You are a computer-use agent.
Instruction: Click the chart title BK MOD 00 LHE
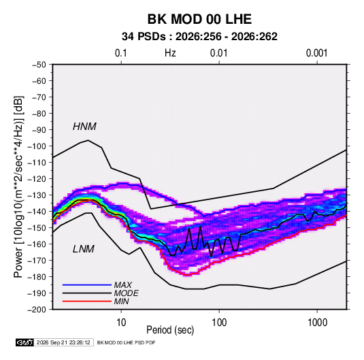click(x=199, y=19)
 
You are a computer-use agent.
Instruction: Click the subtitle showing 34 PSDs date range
click(x=199, y=37)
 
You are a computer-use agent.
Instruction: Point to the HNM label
click(x=84, y=127)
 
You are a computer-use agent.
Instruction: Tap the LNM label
click(x=84, y=249)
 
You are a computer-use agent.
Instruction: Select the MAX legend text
click(x=122, y=284)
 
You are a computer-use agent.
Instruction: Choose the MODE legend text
click(x=126, y=293)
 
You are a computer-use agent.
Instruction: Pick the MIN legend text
click(x=121, y=301)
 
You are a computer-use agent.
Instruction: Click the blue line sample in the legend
click(x=87, y=284)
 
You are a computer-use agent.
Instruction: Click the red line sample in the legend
click(x=87, y=301)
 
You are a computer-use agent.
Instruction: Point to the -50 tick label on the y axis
click(x=39, y=65)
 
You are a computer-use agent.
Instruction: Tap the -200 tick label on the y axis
click(x=37, y=310)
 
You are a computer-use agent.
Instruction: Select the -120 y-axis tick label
click(x=37, y=179)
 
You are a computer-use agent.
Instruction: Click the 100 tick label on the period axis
click(x=219, y=323)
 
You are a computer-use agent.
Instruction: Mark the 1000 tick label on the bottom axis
click(x=317, y=323)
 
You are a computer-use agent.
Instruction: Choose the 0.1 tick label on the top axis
click(x=121, y=53)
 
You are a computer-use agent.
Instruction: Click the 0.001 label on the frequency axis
click(x=316, y=53)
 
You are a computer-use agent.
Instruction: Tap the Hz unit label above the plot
click(x=170, y=53)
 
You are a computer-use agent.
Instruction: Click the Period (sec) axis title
click(x=170, y=330)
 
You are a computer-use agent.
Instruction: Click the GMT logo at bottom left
click(x=24, y=342)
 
